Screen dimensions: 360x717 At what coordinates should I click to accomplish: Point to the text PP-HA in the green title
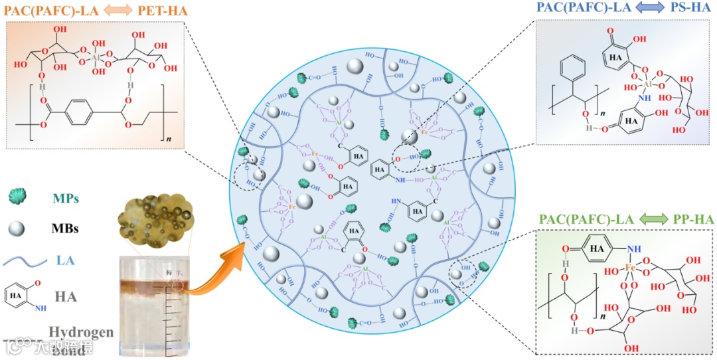pos(688,219)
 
